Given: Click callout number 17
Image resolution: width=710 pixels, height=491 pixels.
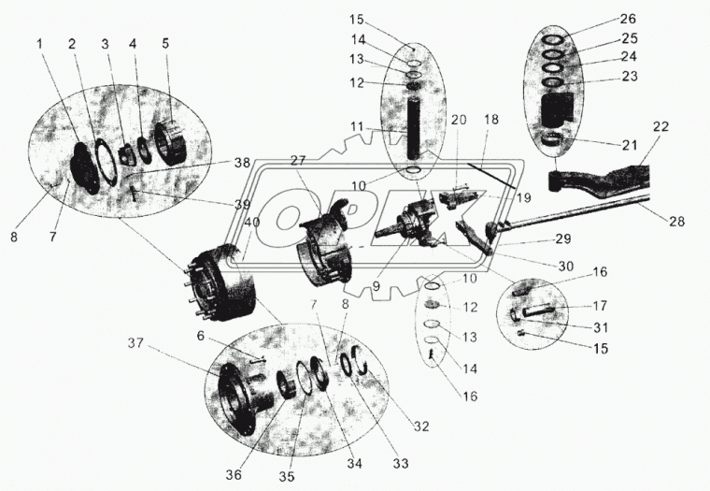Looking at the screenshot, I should (599, 305).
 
